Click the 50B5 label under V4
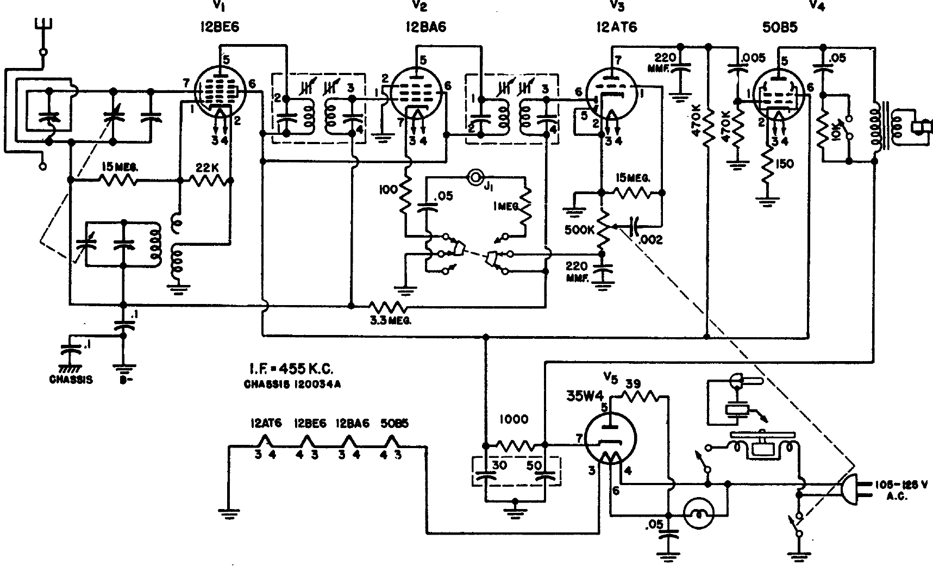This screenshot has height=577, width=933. coord(780,28)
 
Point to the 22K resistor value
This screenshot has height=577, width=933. coord(206,168)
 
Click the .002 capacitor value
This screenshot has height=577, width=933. coord(651,239)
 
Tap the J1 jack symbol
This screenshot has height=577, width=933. coord(476,177)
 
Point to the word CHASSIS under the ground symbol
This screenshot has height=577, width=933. coord(71,380)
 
